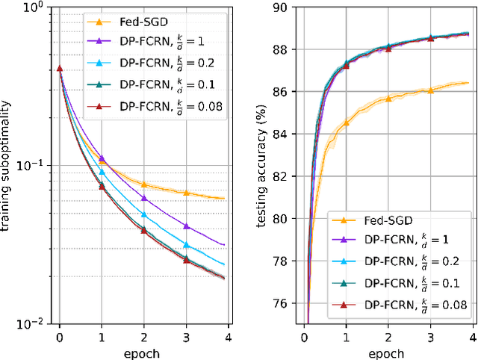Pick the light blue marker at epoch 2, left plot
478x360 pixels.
tap(144, 214)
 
